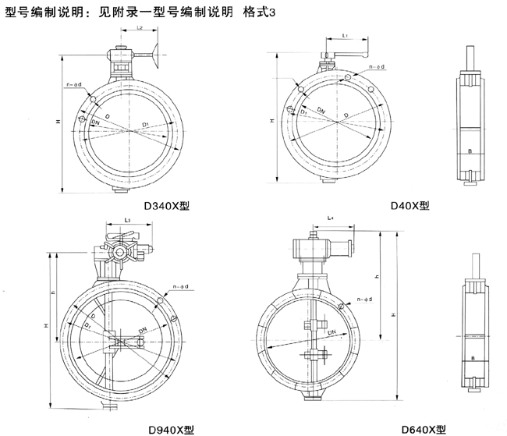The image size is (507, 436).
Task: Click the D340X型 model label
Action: coord(168,207)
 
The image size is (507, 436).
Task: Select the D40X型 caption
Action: coord(410,205)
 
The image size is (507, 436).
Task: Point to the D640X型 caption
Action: coord(424,428)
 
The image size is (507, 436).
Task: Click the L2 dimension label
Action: coord(138,28)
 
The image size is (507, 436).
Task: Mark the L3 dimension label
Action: coord(127,221)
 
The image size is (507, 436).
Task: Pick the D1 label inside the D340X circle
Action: coord(146,123)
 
